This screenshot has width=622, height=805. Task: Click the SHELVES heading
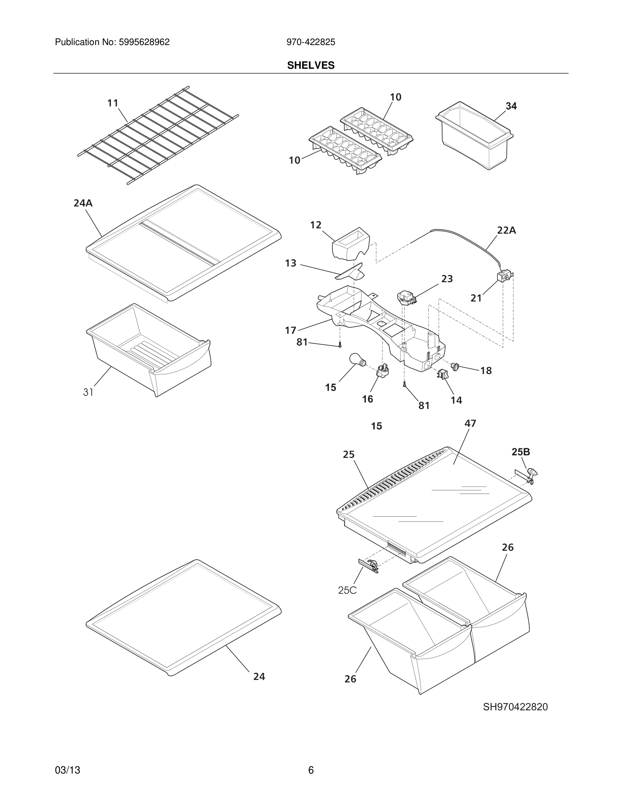pyautogui.click(x=311, y=65)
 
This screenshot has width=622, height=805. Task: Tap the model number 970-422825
pyautogui.click(x=311, y=42)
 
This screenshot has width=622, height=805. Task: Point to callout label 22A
pyautogui.click(x=506, y=230)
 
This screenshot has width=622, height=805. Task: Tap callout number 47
pyautogui.click(x=470, y=424)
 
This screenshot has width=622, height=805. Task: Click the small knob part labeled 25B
pyautogui.click(x=532, y=472)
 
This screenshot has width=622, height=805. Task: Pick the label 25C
pyautogui.click(x=347, y=590)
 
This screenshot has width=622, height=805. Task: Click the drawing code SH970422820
pyautogui.click(x=515, y=707)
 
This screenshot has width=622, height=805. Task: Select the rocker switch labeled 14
pyautogui.click(x=442, y=374)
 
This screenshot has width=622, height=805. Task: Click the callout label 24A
pyautogui.click(x=83, y=203)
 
